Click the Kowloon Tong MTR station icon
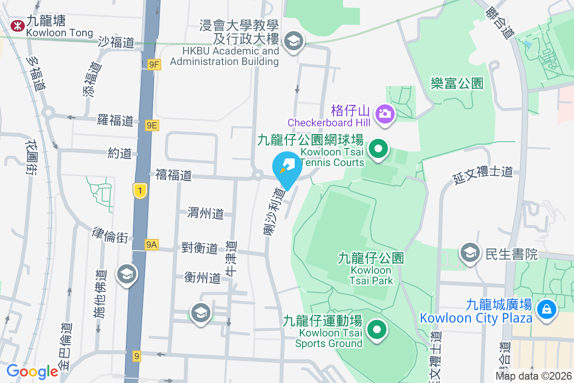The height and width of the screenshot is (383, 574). tap(17, 25)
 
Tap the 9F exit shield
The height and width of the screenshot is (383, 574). tap(154, 65)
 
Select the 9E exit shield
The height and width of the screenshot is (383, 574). tap(152, 125)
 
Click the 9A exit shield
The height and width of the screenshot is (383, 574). tap(151, 245)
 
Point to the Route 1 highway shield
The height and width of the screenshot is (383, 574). tap(139, 191)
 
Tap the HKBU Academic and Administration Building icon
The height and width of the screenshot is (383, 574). tap(293, 41)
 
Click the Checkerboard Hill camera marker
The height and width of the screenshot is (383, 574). tap(384, 114)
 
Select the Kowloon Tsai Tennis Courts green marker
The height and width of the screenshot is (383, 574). tap(378, 149)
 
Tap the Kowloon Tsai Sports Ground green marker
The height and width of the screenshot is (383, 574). tap(376, 329)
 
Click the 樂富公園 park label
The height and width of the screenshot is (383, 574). tap(457, 84)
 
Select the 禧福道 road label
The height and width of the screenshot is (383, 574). tap(174, 176)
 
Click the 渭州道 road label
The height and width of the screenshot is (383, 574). tap(206, 213)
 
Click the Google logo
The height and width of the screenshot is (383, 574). tap(32, 372)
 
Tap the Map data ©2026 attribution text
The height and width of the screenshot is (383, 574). tap(533, 376)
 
